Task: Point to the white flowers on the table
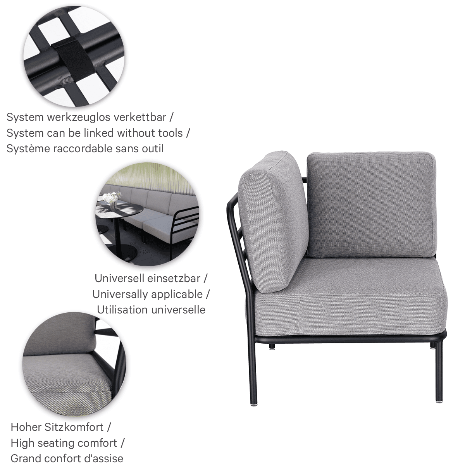pos(112,197)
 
